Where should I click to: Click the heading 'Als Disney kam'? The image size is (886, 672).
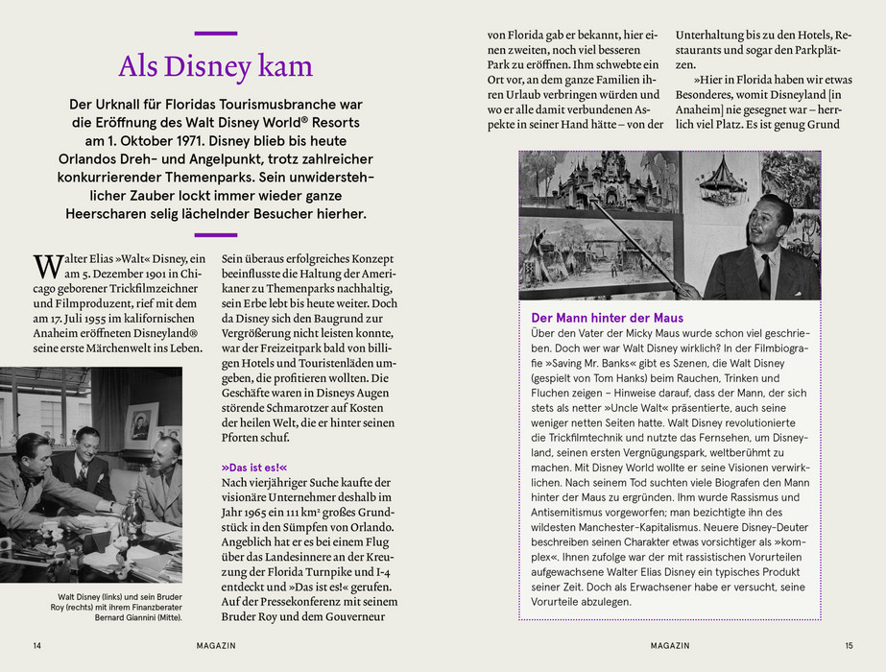coord(215,66)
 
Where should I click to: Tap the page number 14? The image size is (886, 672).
coord(37,645)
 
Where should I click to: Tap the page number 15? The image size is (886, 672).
coord(849,645)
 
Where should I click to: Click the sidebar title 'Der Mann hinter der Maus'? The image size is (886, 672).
coord(608,317)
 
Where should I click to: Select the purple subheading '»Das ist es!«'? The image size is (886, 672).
coord(254,467)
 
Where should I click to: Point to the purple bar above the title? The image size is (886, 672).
coord(215,34)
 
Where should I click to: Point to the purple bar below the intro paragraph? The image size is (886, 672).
coord(215,234)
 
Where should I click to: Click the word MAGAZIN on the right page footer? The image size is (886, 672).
coord(669,645)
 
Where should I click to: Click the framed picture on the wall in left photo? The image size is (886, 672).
coord(141,422)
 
